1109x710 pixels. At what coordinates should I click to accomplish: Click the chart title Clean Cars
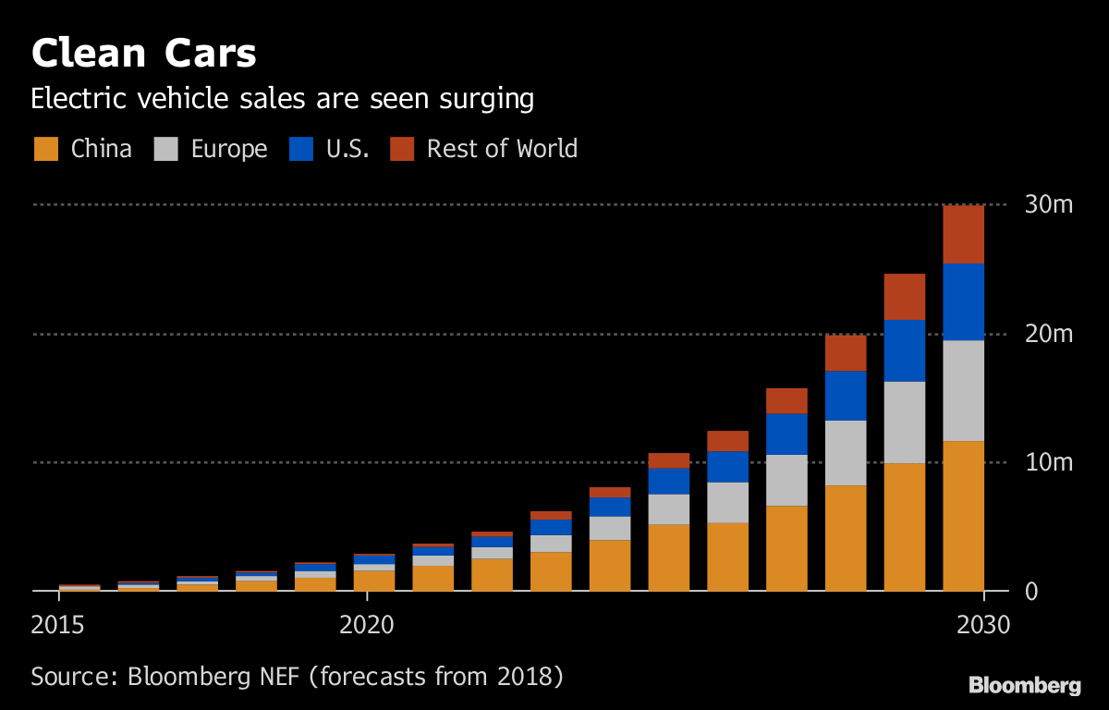143,54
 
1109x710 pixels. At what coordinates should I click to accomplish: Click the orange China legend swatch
46,149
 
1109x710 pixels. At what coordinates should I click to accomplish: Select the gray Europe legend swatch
166,149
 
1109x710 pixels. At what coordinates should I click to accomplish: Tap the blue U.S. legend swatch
301,149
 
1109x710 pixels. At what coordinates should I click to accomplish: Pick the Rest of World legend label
502,149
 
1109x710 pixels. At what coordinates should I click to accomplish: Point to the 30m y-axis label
1049,204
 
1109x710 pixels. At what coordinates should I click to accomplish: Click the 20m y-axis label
1049,333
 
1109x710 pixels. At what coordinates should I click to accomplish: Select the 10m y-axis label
1049,461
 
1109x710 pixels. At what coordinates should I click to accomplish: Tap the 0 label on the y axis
1032,591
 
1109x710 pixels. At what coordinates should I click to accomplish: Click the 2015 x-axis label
58,625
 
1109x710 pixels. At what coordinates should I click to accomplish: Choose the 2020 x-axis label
367,625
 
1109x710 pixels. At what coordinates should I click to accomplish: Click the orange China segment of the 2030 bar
963,516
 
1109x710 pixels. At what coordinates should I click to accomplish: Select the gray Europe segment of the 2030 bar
963,390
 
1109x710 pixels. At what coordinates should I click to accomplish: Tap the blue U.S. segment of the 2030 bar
963,301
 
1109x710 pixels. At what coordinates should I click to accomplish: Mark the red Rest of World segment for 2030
963,234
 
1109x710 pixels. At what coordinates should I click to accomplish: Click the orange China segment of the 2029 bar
904,527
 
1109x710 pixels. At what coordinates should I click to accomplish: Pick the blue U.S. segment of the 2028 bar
845,396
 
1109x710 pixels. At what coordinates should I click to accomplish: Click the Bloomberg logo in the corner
1024,686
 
